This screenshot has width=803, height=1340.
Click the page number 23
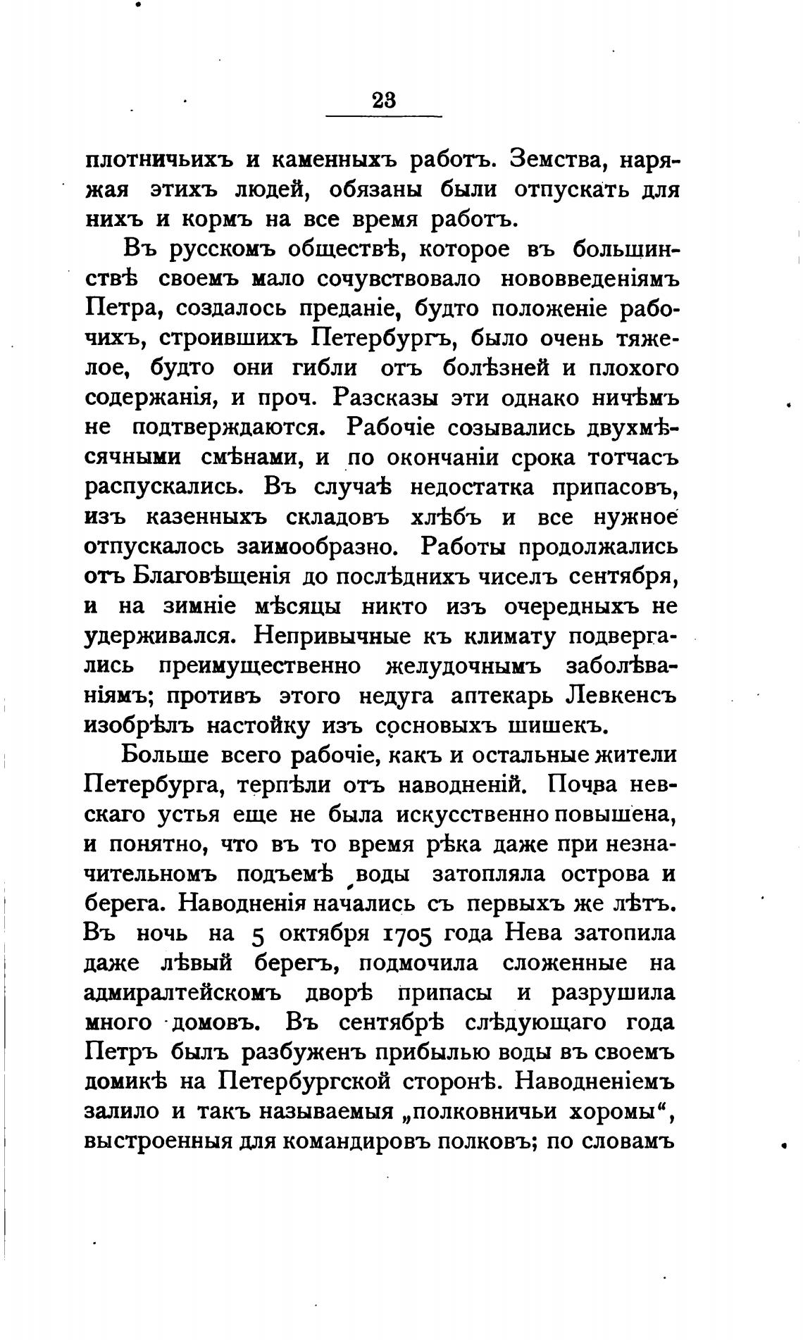pyautogui.click(x=384, y=100)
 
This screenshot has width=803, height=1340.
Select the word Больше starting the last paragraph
pyautogui.click(x=164, y=755)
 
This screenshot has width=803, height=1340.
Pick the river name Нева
pyautogui.click(x=535, y=934)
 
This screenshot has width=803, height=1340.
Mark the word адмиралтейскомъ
pyautogui.click(x=182, y=993)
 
